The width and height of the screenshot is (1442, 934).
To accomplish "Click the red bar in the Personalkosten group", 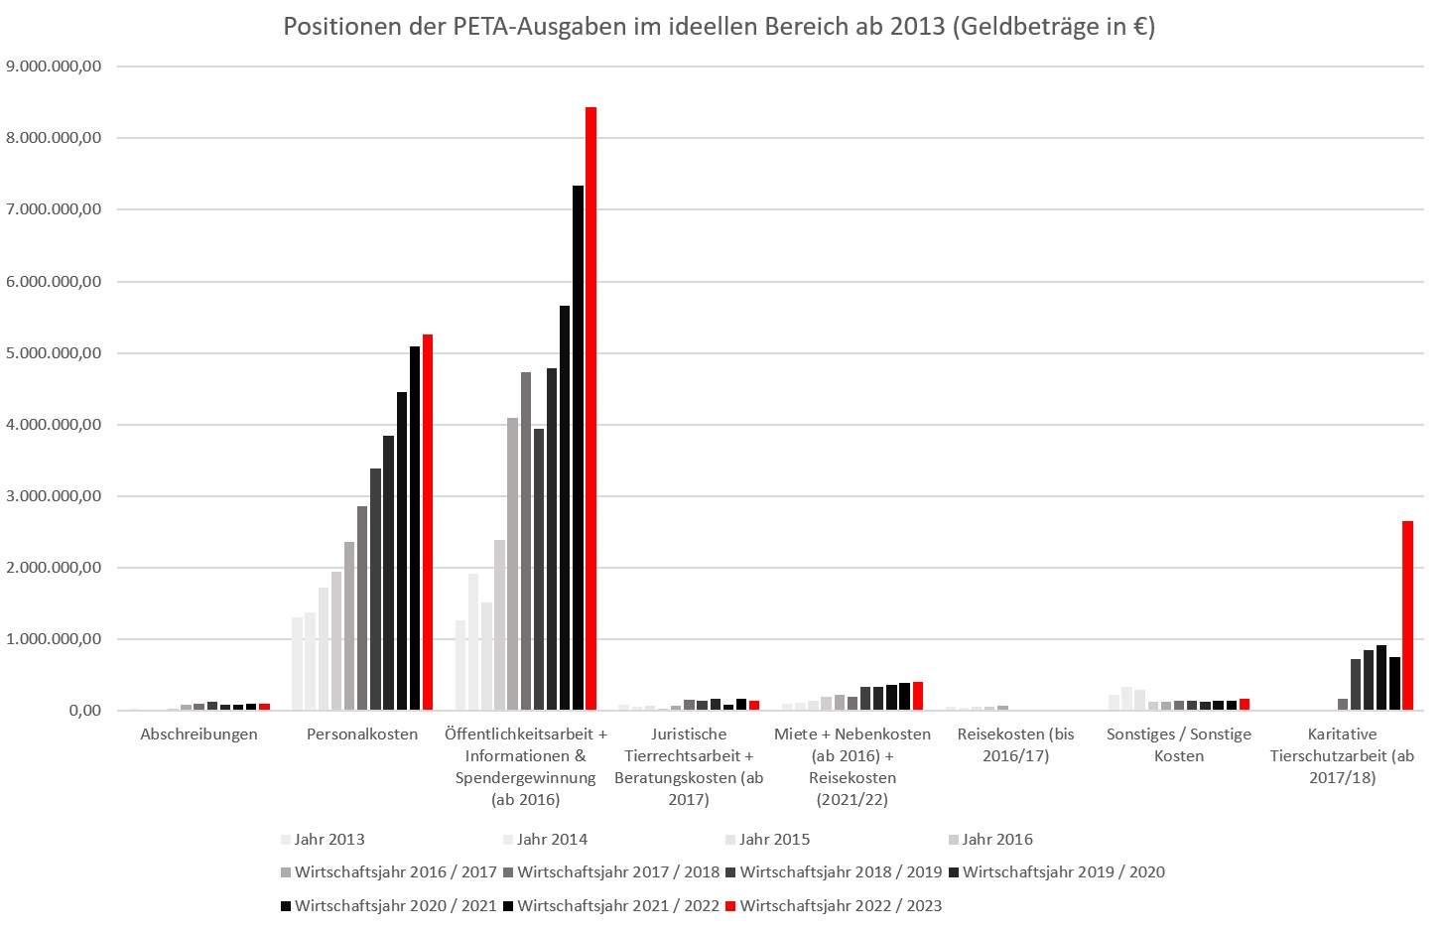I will pos(428,522).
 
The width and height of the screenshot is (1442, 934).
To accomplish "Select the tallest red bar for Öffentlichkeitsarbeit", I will pos(590,408).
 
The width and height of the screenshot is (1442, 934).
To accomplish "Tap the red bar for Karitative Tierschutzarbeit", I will pos(1407,615).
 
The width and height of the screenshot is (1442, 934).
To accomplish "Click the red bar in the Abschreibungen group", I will pos(264,707).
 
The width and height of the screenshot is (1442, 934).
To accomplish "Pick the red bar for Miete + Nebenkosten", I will pos(918,696).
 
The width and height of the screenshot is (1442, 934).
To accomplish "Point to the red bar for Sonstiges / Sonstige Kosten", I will pos(1245,705).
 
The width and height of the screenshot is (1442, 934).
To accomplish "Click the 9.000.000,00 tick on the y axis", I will pos(54,67).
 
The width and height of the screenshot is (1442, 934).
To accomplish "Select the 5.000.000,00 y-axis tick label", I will pos(54,353).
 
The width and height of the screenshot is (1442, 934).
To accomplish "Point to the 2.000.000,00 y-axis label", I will pos(54,568).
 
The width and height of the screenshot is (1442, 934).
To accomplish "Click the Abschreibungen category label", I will pos(198,734).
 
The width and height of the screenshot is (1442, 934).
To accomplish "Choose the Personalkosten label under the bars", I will pos(362,734).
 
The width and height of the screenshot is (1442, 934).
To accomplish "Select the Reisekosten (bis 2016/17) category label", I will pos(1015,744).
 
